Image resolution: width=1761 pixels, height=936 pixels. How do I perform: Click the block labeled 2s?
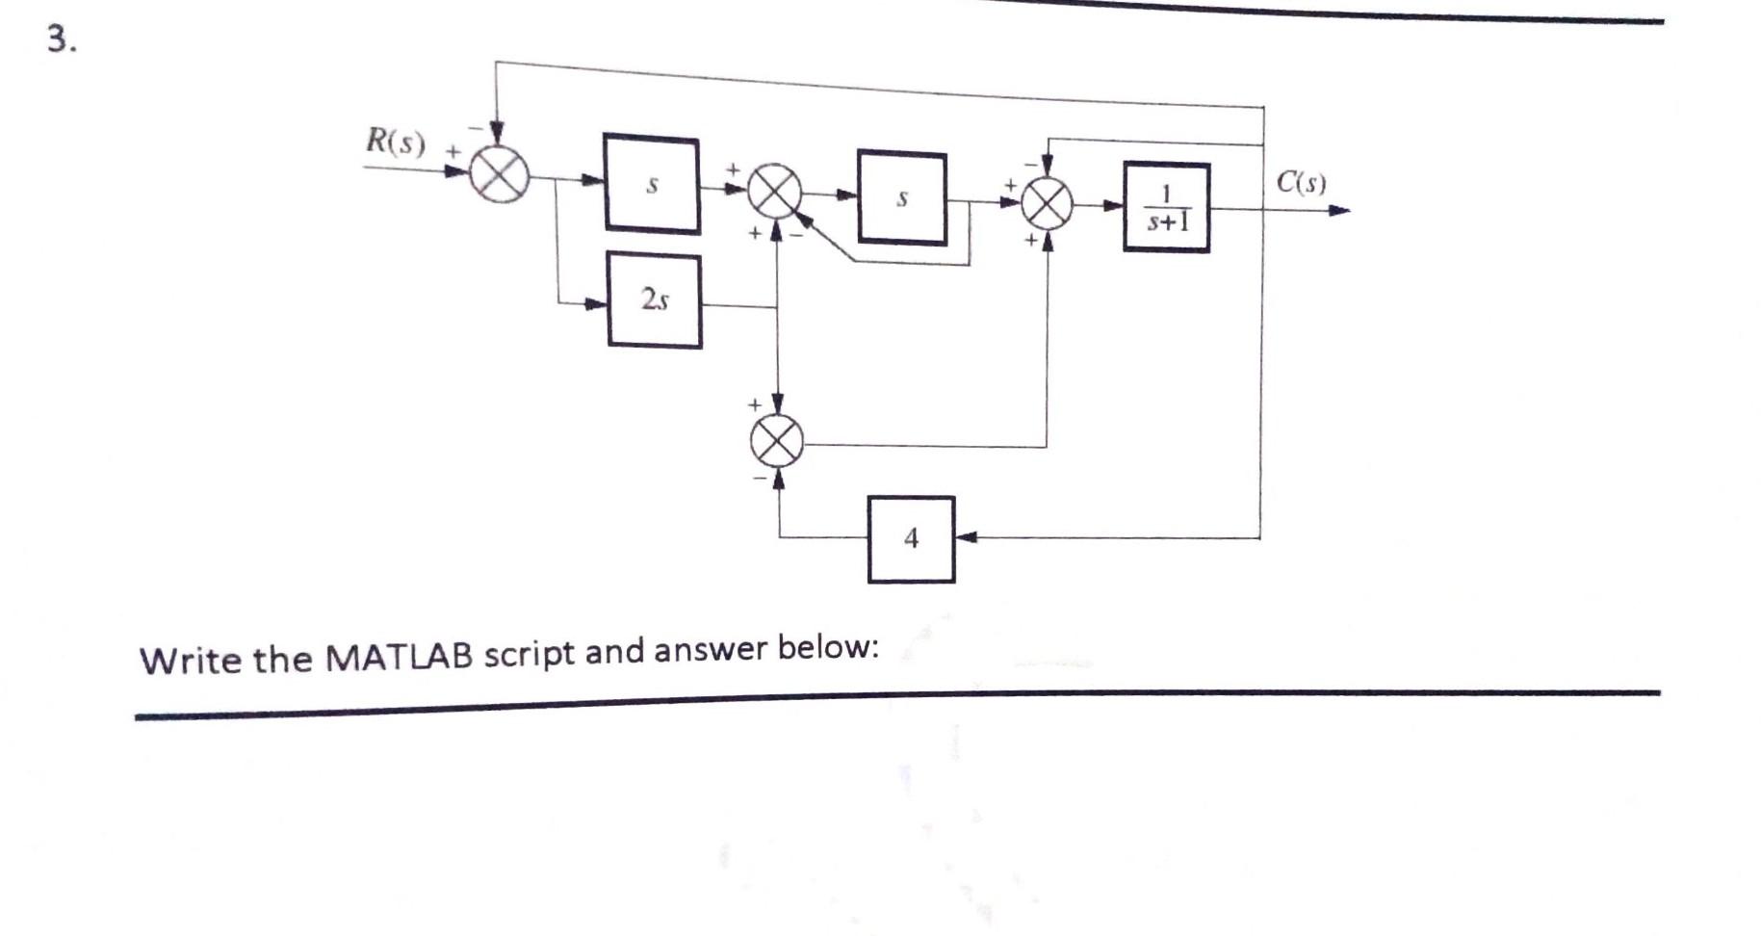point(655,300)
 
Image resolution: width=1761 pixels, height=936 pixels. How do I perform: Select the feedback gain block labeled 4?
point(911,539)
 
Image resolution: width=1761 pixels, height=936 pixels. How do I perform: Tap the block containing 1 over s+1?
point(1166,208)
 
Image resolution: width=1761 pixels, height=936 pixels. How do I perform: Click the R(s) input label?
point(395,142)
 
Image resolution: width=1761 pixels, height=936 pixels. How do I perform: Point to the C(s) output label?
point(1301,182)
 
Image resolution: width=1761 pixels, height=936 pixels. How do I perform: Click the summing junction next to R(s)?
point(499,176)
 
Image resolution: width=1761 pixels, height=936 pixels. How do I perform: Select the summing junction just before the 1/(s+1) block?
point(1047,203)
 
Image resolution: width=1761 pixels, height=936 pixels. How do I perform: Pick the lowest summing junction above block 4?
point(777,441)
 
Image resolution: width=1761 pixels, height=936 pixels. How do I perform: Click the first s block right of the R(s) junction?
point(652,184)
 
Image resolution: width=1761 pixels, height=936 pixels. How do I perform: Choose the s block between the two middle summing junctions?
point(902,198)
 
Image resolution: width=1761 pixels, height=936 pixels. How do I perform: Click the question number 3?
point(61,39)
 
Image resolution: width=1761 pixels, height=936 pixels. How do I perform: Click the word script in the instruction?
point(530,654)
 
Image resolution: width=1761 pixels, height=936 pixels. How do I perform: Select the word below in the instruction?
point(827,647)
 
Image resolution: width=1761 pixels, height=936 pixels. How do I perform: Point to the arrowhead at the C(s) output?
point(1339,210)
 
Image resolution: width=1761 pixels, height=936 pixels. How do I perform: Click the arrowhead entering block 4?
point(966,537)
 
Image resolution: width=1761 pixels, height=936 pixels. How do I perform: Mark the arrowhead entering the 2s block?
point(598,304)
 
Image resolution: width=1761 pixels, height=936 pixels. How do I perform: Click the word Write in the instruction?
point(192,660)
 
